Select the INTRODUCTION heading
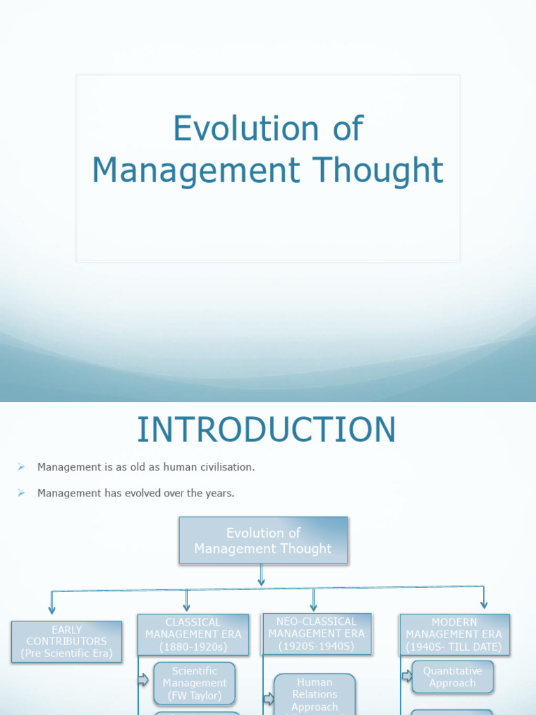tap(267, 429)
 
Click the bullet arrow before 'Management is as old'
tap(21, 466)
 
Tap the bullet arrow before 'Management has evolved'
tap(21, 493)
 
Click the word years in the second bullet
tap(218, 493)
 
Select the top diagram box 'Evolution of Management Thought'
tap(263, 540)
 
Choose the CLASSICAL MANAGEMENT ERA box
tap(193, 634)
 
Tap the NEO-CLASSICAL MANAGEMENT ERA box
tap(317, 634)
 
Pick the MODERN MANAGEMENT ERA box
tap(454, 634)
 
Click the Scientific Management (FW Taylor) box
tap(195, 683)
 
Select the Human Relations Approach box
tap(315, 694)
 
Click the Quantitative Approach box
tap(452, 677)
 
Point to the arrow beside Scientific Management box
tap(144, 680)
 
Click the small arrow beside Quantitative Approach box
tap(407, 676)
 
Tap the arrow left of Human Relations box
tap(269, 698)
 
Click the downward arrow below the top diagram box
tap(261, 575)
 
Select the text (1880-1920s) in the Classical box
tap(193, 647)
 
